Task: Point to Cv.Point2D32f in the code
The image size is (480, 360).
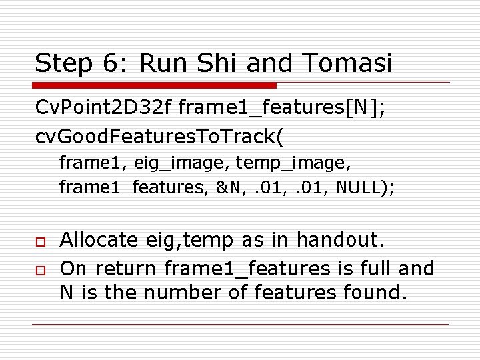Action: [104, 106]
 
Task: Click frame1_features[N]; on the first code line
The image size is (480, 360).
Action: [281, 106]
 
